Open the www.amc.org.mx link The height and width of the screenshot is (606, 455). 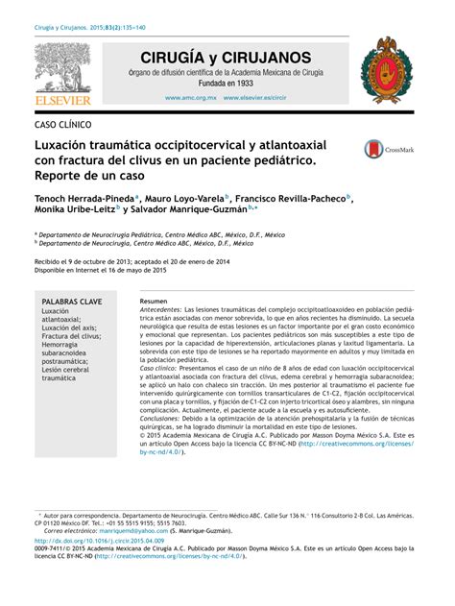click(191, 98)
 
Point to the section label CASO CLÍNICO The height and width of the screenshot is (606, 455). click(64, 125)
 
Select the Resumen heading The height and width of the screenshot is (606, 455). click(154, 302)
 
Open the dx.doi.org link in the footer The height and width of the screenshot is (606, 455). click(97, 541)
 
